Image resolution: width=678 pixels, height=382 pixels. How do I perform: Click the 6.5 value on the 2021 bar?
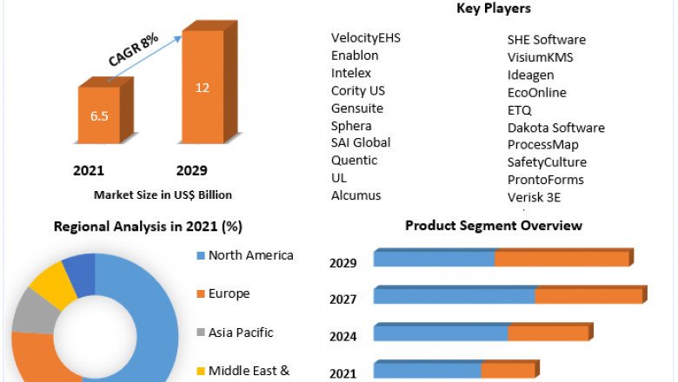[x=98, y=115]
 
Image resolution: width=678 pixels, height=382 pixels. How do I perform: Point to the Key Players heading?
[x=493, y=9]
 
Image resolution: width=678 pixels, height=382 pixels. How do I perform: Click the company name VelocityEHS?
[x=366, y=38]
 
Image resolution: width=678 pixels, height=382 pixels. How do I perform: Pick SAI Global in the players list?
[x=361, y=142]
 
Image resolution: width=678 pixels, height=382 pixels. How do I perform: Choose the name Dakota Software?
[x=555, y=128]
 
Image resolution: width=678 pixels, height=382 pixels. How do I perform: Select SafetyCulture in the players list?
[x=547, y=162]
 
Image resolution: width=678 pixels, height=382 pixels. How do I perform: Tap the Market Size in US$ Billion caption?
[x=163, y=194]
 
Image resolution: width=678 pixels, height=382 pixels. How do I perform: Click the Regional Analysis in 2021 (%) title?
[x=148, y=227]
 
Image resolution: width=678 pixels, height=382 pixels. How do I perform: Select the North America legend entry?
[x=250, y=255]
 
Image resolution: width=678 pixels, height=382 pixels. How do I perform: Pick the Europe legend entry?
[x=229, y=293]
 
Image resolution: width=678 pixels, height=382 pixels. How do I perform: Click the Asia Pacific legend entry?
[x=241, y=332]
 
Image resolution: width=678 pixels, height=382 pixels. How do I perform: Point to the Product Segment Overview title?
[x=494, y=226]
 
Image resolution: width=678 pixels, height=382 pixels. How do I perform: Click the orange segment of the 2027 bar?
[x=588, y=296]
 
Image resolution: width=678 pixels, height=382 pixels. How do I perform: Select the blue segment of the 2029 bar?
[x=434, y=259]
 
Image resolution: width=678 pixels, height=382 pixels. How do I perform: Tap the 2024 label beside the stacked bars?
[x=343, y=337]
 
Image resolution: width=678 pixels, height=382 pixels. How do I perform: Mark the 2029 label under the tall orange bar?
[x=192, y=170]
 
